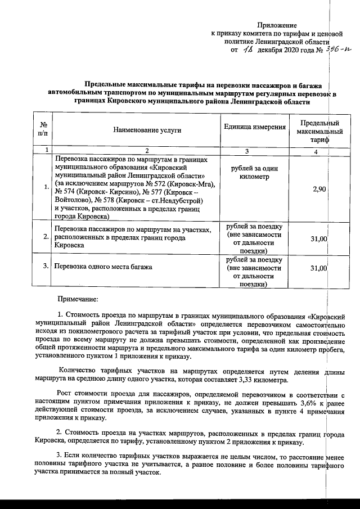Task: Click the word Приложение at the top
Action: click(276, 25)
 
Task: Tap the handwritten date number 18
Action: click(248, 51)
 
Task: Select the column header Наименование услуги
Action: click(147, 130)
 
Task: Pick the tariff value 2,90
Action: click(319, 188)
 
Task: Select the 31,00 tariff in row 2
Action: click(319, 239)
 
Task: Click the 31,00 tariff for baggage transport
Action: click(319, 268)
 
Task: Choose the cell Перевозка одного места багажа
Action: click(103, 267)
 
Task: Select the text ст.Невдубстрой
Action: click(179, 200)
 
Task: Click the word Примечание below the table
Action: click(78, 298)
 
